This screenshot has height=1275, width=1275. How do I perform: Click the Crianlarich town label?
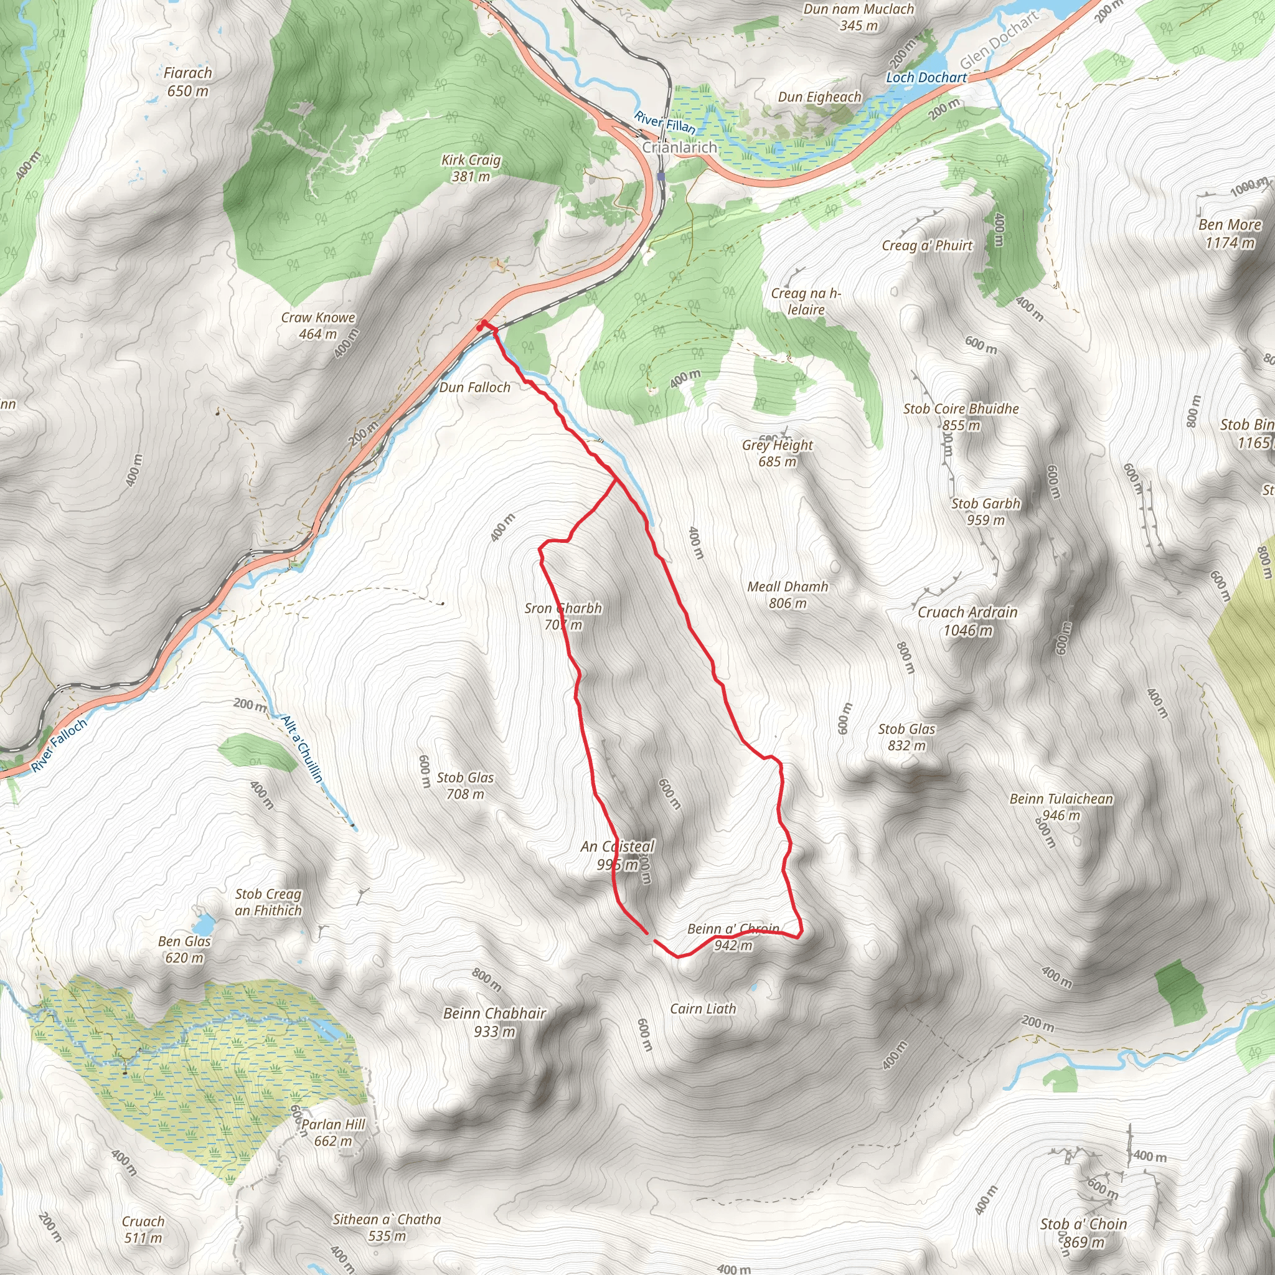pos(679,147)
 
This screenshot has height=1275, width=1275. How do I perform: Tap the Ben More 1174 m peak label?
pos(1230,233)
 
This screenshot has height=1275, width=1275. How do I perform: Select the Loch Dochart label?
pos(926,78)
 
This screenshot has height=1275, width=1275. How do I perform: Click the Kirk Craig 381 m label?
pos(471,168)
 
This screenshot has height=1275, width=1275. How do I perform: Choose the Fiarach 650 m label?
pos(188,82)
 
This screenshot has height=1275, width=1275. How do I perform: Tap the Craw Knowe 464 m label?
pos(318,326)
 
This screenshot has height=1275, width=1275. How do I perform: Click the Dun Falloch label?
pos(474,387)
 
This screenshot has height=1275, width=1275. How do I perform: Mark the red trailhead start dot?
pos(483,323)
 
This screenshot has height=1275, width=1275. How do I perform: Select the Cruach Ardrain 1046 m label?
pos(967,621)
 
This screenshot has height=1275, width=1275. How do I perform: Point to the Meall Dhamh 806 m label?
pos(788,595)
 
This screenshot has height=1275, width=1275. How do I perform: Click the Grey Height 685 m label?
pos(778,453)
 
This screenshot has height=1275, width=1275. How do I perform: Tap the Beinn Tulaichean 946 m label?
pos(1061,806)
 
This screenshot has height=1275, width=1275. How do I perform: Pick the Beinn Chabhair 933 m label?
pos(494,1022)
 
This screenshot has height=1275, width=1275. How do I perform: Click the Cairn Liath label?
pos(702,1009)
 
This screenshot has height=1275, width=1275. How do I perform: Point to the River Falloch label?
pos(59,745)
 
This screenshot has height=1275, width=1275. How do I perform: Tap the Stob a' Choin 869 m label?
pos(1084,1233)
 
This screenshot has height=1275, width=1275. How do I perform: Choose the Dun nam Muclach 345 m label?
pos(859,17)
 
